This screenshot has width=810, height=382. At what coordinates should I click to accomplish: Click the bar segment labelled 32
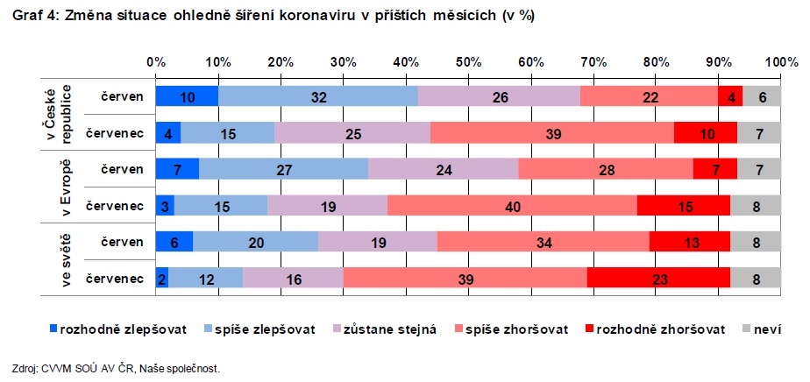click(318, 96)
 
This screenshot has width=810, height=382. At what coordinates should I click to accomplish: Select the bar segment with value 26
click(500, 96)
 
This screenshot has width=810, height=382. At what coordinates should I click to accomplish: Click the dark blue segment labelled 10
click(187, 96)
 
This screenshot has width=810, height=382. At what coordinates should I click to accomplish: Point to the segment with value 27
click(284, 169)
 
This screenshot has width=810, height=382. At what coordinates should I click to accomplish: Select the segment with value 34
click(543, 242)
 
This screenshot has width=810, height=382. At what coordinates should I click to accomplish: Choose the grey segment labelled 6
click(763, 96)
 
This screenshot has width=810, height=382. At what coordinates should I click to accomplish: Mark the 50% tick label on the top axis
click(468, 63)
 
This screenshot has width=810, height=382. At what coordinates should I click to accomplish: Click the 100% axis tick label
click(782, 63)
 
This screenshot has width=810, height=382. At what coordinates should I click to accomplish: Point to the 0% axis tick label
click(156, 63)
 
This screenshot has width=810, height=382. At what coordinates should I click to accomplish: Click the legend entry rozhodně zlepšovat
click(118, 329)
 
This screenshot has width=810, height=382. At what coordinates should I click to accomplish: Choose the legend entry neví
click(761, 329)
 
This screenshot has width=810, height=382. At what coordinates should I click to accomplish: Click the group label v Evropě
click(59, 187)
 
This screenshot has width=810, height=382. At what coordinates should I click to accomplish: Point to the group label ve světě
click(59, 259)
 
